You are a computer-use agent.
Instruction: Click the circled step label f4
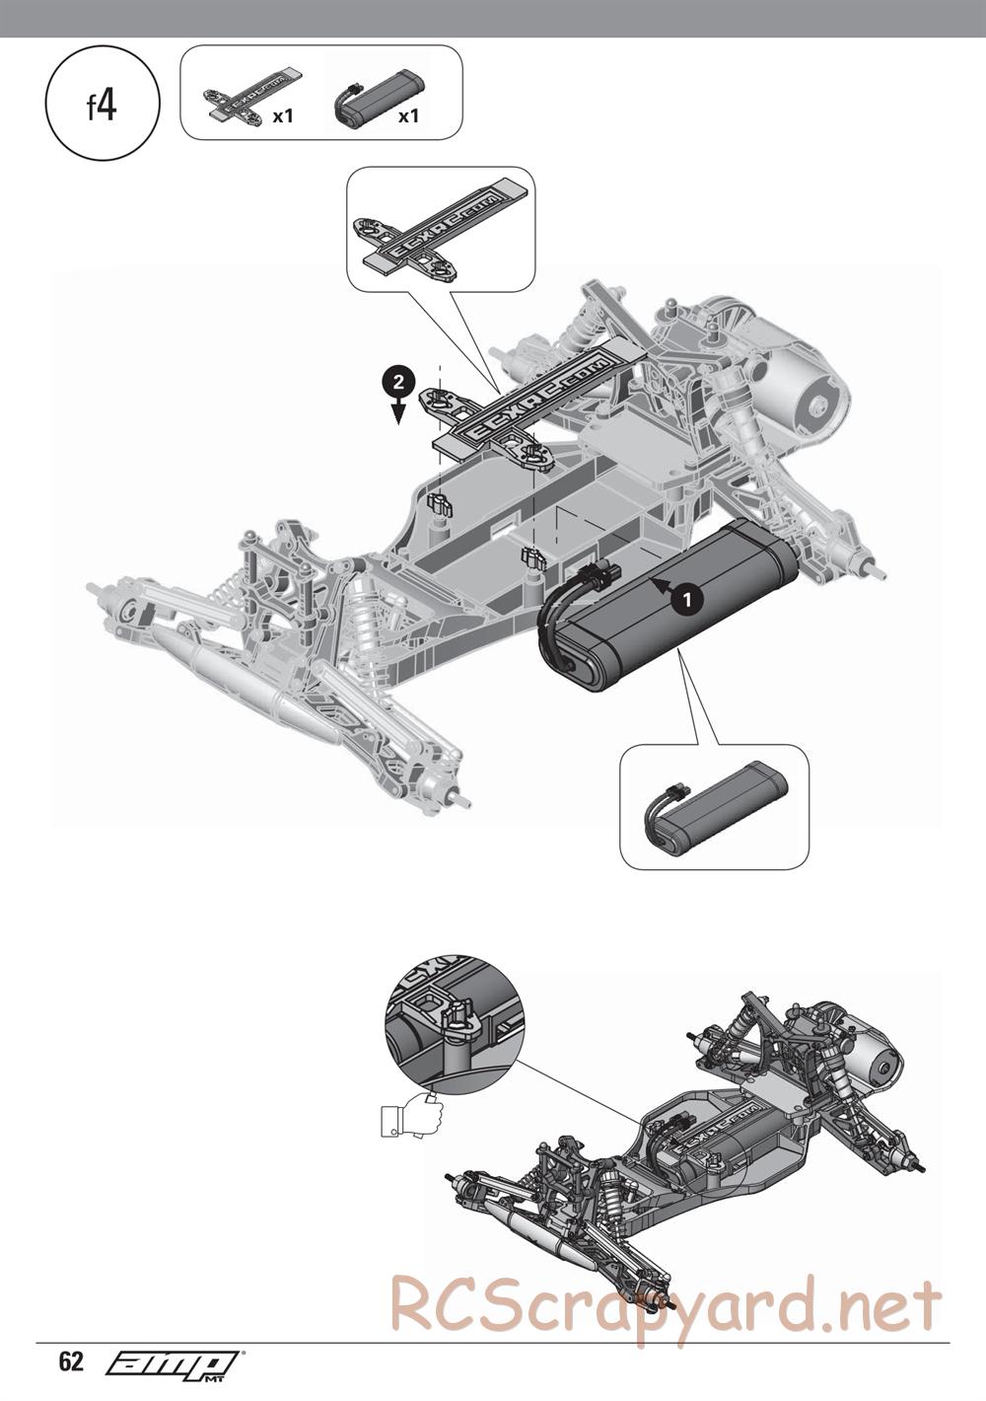click(x=103, y=107)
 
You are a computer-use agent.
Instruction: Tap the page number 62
click(x=71, y=1363)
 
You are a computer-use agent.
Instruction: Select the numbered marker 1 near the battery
click(x=686, y=596)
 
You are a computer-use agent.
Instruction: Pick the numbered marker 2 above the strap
click(x=396, y=381)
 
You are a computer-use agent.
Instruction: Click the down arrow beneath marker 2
click(x=396, y=411)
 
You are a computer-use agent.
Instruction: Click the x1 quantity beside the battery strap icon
click(x=284, y=116)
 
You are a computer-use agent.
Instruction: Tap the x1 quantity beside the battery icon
click(x=408, y=116)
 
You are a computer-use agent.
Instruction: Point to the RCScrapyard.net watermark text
click(x=666, y=1304)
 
